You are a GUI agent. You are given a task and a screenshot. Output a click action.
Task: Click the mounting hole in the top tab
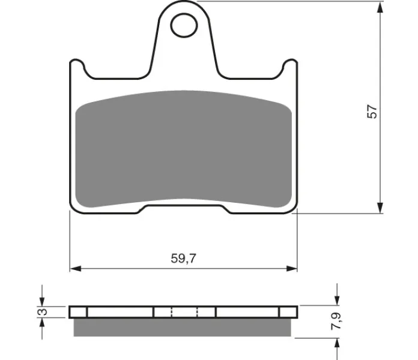184,25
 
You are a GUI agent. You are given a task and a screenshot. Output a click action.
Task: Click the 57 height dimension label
372,112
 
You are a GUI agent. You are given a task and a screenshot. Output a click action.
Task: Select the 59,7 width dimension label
183,258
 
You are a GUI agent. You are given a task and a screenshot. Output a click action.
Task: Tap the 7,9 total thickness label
336,321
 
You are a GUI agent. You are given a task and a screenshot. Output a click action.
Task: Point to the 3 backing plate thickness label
43,311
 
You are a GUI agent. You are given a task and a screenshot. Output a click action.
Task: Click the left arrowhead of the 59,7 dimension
76,268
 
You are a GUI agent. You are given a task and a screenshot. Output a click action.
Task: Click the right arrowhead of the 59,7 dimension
291,268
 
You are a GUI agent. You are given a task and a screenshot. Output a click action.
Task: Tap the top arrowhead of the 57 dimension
380,7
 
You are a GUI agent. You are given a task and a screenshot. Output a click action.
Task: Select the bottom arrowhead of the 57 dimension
380,208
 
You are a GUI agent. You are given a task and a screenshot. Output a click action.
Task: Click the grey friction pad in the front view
183,149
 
